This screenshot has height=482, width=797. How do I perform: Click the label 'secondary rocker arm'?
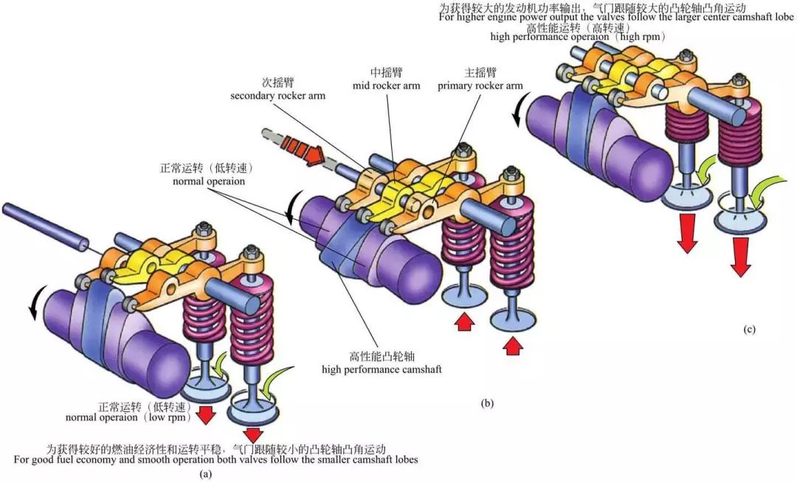pyautogui.click(x=277, y=96)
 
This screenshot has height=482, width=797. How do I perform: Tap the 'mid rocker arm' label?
pyautogui.click(x=396, y=86)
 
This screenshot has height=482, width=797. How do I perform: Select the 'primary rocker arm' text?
pyautogui.click(x=480, y=86)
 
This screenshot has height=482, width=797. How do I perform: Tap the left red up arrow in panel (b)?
pyautogui.click(x=462, y=323)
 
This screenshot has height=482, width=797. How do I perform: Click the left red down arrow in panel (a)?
pyautogui.click(x=206, y=415)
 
